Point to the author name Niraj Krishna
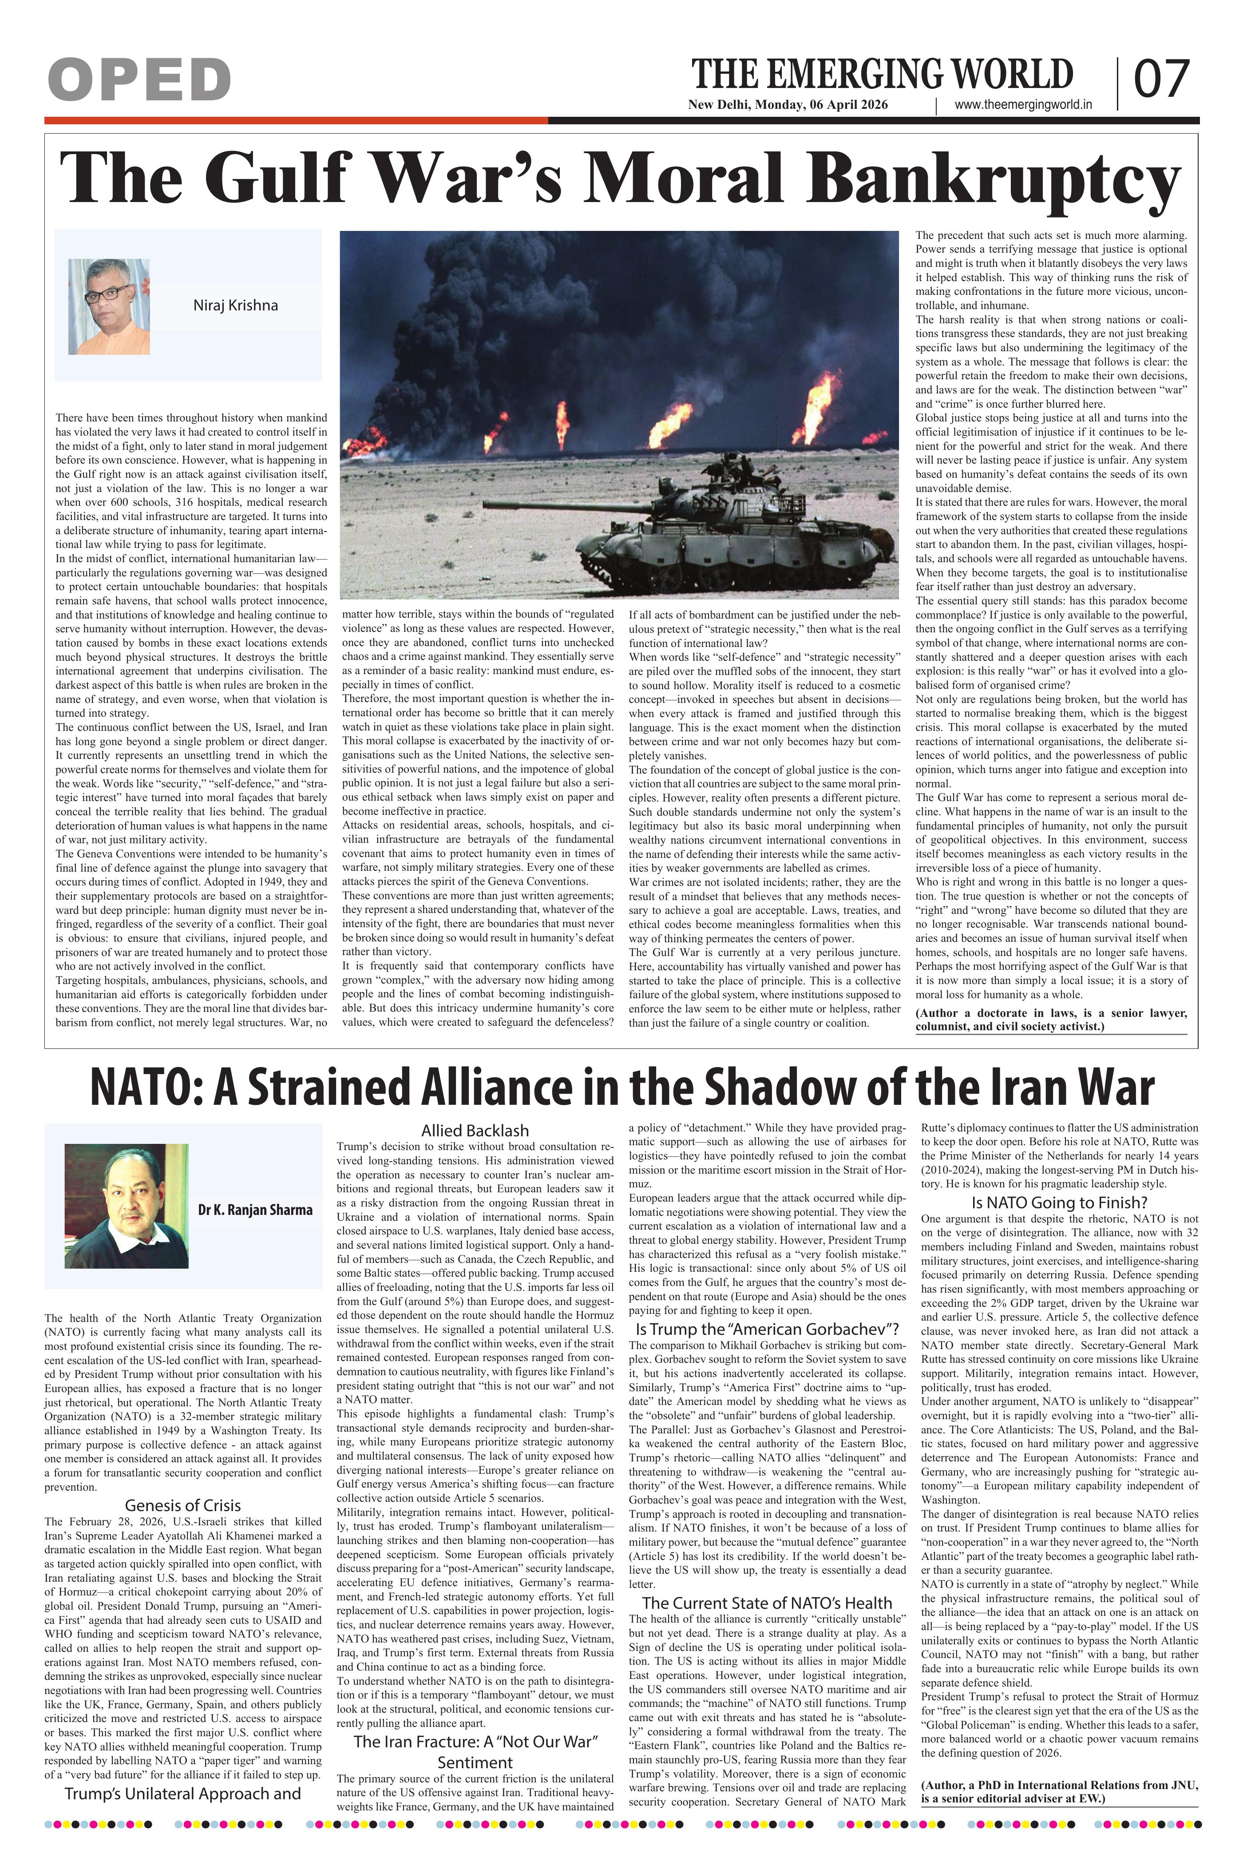[235, 306]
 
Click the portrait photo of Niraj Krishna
[109, 306]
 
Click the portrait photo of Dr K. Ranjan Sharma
[126, 1205]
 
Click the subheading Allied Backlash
[475, 1130]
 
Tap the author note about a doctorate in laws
[1051, 1020]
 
